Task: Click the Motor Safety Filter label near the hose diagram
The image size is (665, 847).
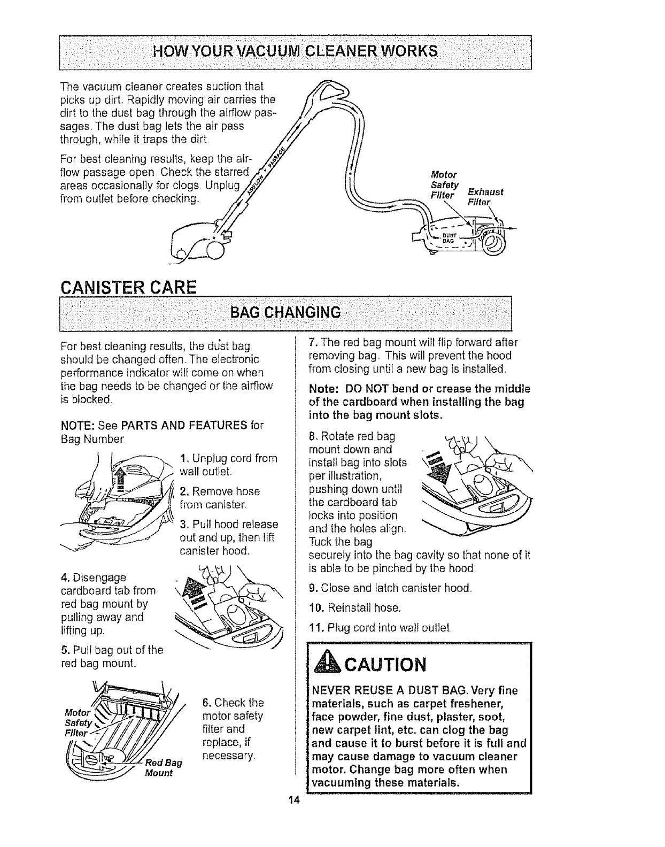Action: tap(444, 184)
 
